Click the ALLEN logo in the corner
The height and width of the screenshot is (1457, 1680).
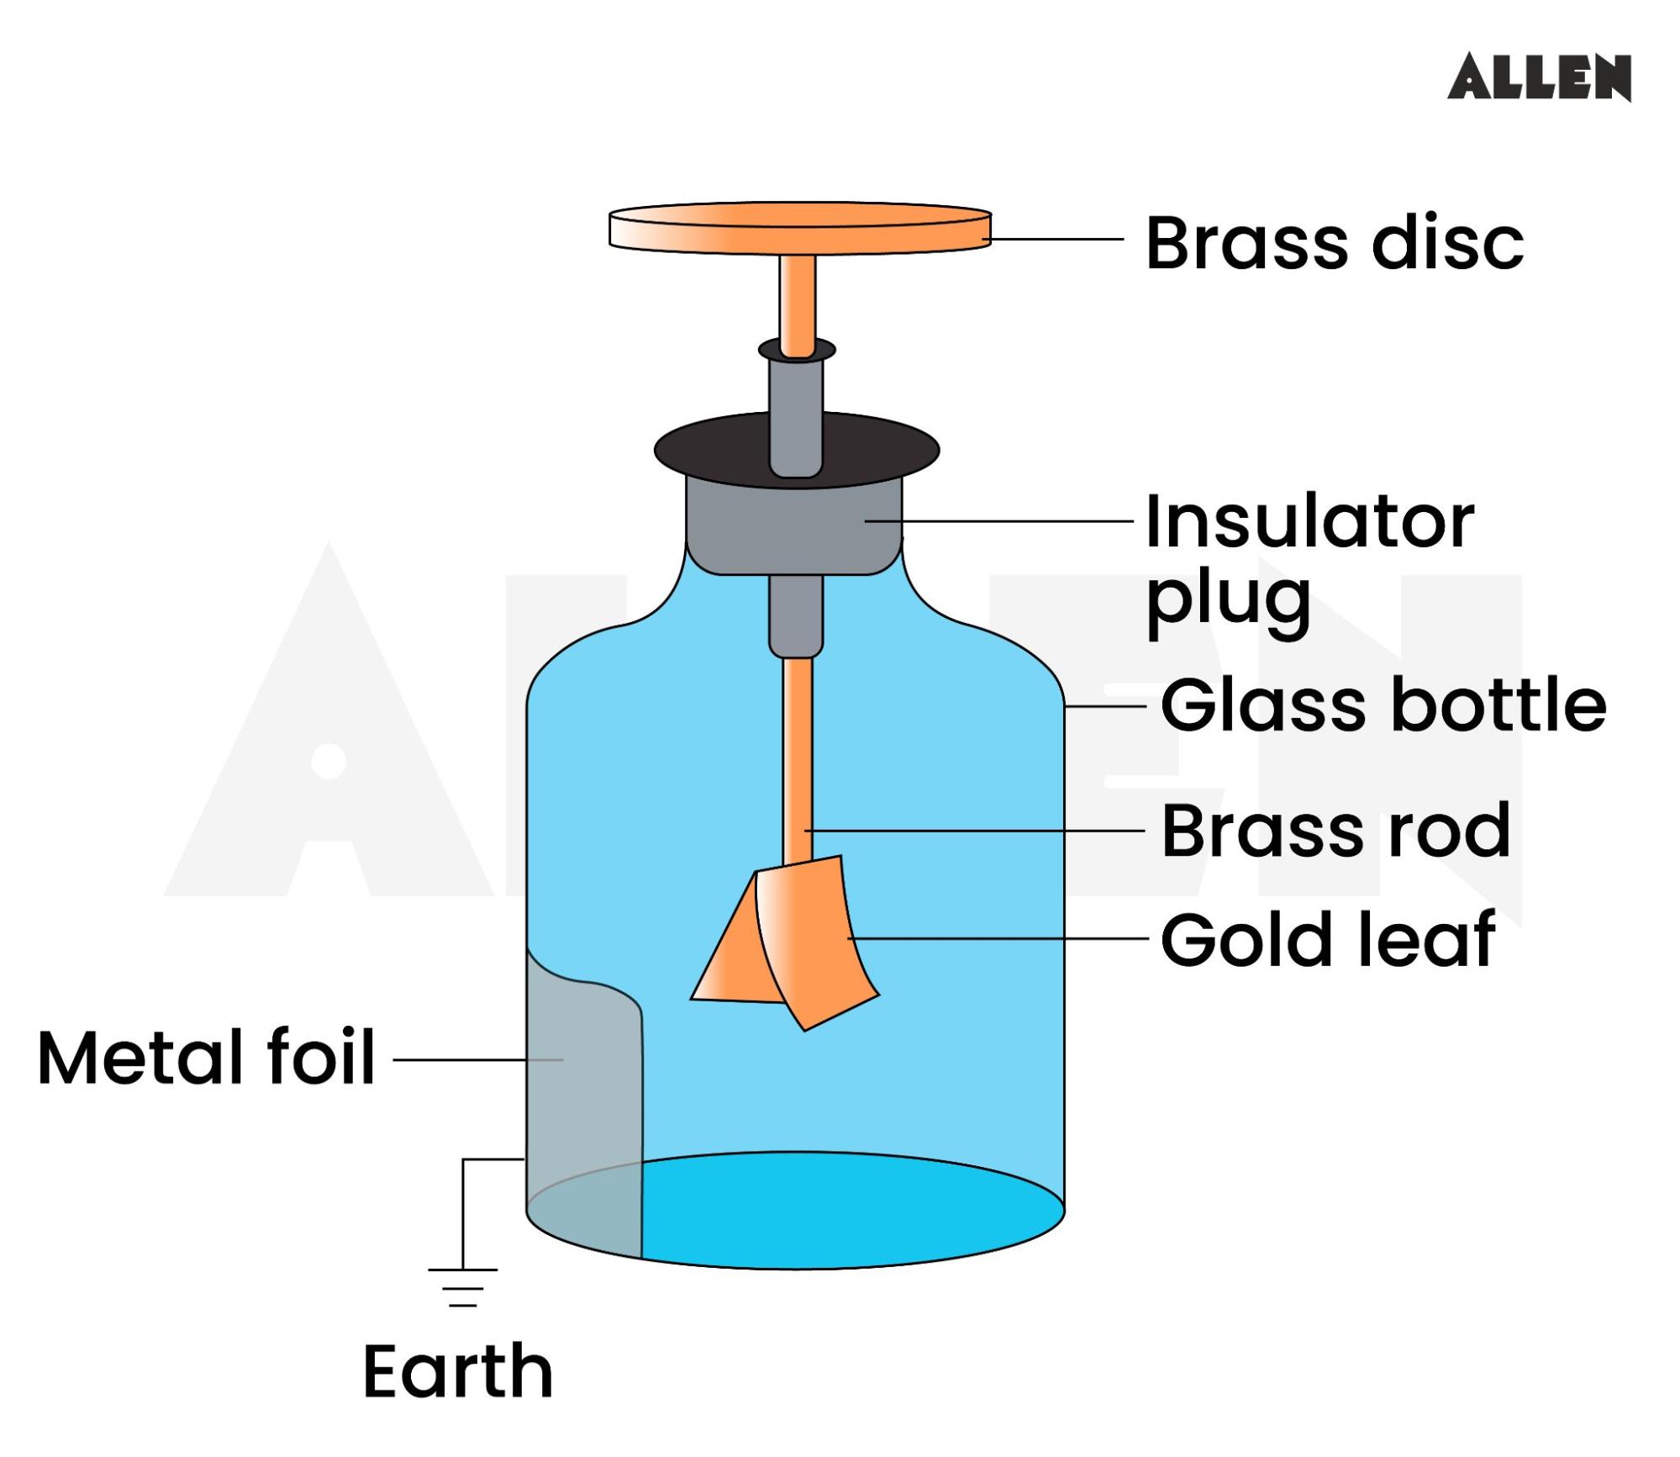[x=1538, y=77]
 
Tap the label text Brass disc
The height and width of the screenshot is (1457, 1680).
[x=1334, y=244]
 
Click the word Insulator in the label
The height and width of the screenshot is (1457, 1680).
[x=1309, y=522]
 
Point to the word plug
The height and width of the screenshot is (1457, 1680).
[x=1228, y=600]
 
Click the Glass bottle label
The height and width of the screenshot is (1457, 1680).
[x=1382, y=705]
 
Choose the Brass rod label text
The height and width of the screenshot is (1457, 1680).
[x=1335, y=831]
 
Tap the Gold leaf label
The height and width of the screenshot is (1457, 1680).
[x=1327, y=939]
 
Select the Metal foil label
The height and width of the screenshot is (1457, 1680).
[x=207, y=1058]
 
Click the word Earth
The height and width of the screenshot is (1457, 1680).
[x=457, y=1371]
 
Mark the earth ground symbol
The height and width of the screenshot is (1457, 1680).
[x=462, y=1286]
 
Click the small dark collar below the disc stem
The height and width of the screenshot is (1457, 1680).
[x=797, y=349]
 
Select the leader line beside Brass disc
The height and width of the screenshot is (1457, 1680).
[x=1056, y=239]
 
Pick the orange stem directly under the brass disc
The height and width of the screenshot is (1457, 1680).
[x=797, y=298]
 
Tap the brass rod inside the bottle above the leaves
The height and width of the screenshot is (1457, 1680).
[x=797, y=757]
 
